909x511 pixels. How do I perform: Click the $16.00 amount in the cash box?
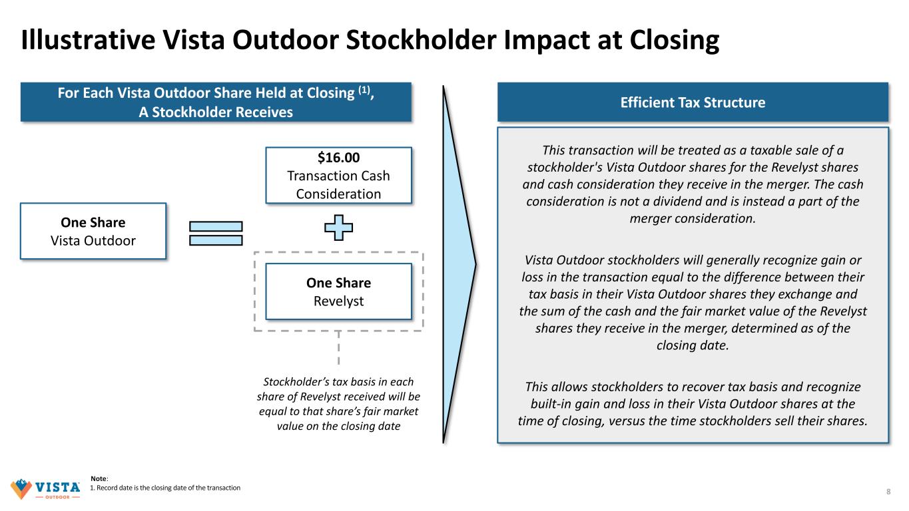tap(338, 157)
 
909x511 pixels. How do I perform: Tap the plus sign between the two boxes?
tap(338, 228)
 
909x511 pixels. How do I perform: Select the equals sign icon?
tap(216, 233)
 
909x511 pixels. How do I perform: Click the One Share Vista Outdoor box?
tap(93, 231)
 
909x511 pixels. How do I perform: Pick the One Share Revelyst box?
tap(338, 291)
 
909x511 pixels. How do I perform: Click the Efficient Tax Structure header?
tap(693, 102)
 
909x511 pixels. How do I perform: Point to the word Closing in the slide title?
tap(674, 40)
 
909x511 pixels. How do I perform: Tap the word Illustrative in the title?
tap(88, 40)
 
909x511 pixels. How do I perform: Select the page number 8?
tap(888, 492)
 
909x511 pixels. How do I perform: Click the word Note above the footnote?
tap(99, 478)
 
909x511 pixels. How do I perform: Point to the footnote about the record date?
tap(165, 488)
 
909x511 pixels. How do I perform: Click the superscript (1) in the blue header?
tap(364, 90)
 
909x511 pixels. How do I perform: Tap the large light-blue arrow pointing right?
tap(459, 264)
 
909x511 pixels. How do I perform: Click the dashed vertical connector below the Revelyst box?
tap(338, 347)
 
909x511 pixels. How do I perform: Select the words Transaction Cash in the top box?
tap(338, 176)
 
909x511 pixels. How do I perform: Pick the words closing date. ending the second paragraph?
tap(693, 345)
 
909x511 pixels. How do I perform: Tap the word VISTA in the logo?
tap(58, 486)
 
